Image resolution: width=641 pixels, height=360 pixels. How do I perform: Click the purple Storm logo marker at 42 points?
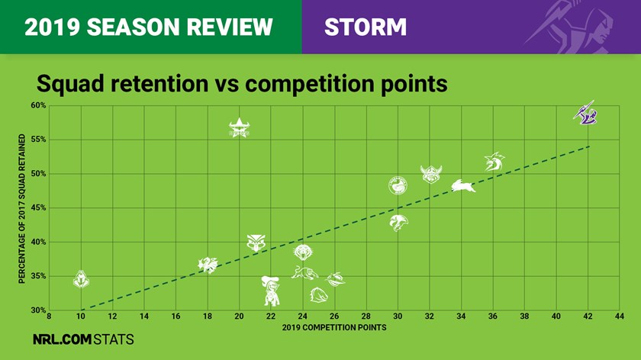[x=585, y=113]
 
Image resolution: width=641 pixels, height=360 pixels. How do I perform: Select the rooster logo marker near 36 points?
[x=494, y=162]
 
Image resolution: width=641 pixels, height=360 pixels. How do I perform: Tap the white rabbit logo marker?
[x=463, y=186]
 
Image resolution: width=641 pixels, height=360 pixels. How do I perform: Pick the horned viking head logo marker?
[x=431, y=175]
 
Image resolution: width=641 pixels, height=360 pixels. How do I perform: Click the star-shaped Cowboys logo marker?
[x=239, y=128]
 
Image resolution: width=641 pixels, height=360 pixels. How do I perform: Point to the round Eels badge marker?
[x=398, y=185]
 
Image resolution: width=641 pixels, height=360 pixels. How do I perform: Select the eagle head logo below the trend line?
[x=398, y=223]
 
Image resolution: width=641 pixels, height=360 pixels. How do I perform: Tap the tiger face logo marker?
[x=303, y=252]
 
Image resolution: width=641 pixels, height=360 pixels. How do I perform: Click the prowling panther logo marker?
[x=304, y=272]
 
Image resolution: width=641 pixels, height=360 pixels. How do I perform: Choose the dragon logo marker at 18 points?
[x=208, y=265]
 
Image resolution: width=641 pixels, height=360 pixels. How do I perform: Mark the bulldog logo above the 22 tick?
[x=271, y=291]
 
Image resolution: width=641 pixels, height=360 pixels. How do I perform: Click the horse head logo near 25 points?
[x=319, y=294]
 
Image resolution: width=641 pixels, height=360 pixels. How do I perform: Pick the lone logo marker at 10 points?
[x=81, y=279]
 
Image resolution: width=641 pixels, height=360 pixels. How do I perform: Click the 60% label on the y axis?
[x=38, y=105]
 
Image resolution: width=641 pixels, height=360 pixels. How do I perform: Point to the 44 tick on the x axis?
[x=620, y=317]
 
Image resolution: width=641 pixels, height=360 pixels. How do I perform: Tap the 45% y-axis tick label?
[x=38, y=208]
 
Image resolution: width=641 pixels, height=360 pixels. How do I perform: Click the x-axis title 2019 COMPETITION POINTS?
[x=334, y=327]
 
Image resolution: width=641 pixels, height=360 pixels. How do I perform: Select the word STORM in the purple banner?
[x=366, y=27]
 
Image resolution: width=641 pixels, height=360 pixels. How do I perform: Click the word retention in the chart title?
[x=159, y=84]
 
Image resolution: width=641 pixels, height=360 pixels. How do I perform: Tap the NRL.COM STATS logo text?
[x=83, y=339]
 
